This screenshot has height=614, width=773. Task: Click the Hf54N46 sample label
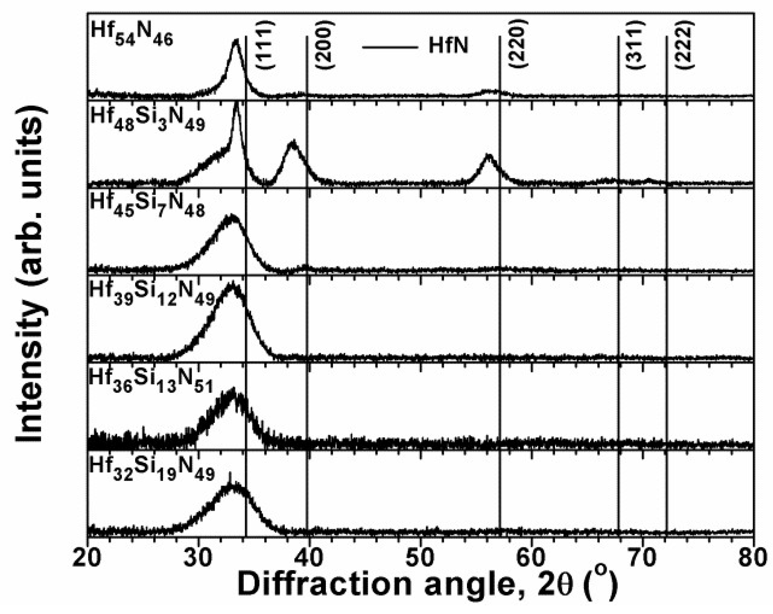coord(132,34)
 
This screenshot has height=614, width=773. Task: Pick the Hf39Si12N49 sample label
coord(152,295)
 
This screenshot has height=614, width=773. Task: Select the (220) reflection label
coord(519,45)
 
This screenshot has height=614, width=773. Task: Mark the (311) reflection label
coord(637,45)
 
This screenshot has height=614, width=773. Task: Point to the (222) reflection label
coord(684,45)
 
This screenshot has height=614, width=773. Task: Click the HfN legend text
coord(448,46)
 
